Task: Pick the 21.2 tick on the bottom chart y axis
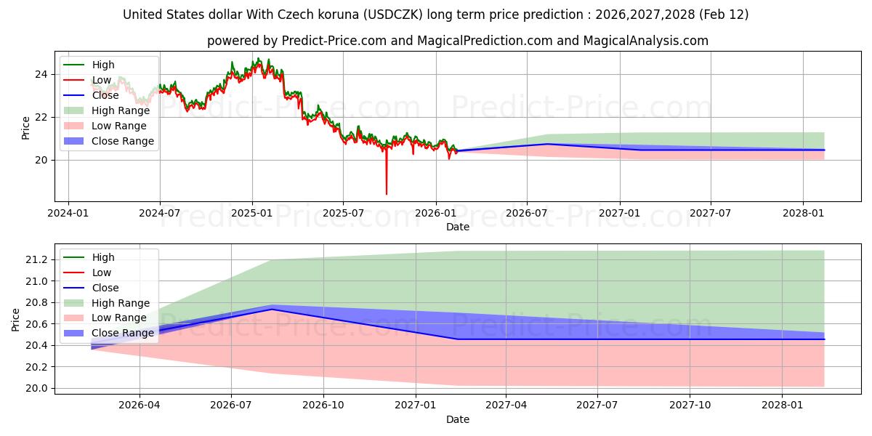coord(36,259)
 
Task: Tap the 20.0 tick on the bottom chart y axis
coord(36,388)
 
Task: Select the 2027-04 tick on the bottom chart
coord(506,404)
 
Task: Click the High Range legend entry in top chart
coord(119,110)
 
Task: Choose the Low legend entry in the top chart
coord(102,80)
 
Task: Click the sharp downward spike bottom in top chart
coord(386,194)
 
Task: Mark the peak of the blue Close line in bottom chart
coord(272,310)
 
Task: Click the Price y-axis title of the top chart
coord(26,128)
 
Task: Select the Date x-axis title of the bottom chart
coord(458,419)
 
